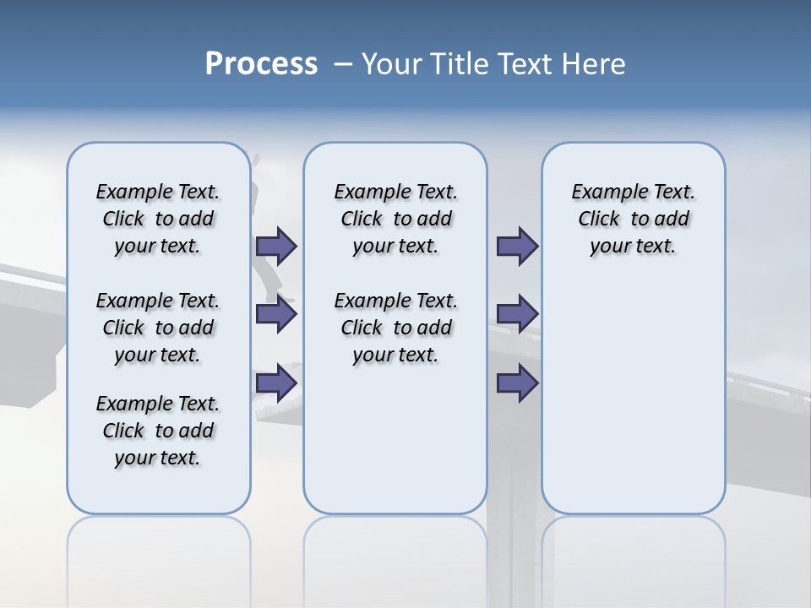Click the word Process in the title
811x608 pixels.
(x=261, y=64)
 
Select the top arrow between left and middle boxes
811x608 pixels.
(x=276, y=247)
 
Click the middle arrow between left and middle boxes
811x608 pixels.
(x=276, y=315)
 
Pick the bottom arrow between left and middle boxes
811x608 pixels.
(x=276, y=383)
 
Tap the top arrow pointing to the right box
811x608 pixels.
(x=517, y=247)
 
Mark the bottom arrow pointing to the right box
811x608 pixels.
(x=517, y=383)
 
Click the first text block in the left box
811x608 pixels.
(x=158, y=219)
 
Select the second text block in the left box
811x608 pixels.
(x=158, y=328)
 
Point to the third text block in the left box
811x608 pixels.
(x=158, y=431)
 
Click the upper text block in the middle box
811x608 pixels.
(x=395, y=219)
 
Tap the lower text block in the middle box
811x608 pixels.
(x=395, y=328)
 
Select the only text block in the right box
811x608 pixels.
(x=633, y=219)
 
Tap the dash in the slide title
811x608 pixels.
(x=343, y=64)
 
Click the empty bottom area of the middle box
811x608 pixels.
(x=395, y=448)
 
